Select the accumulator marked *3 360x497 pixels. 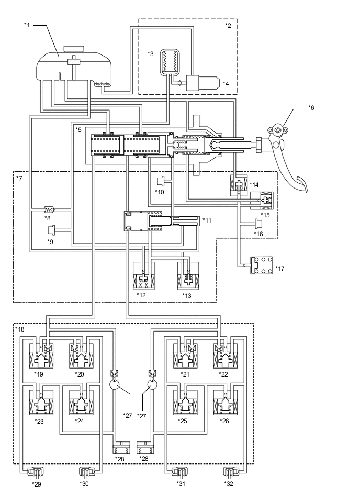170,62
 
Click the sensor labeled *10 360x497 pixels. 161,182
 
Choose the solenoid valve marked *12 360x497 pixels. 144,277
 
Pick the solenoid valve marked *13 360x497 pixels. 187,277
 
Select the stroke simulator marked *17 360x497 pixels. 261,265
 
